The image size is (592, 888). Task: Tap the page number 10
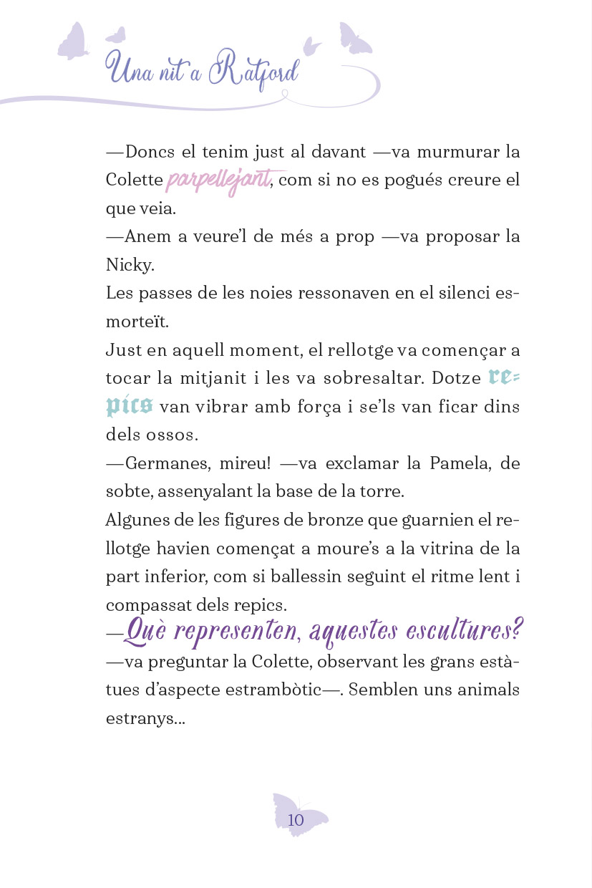[296, 820]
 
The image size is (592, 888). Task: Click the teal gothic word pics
[129, 406]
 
